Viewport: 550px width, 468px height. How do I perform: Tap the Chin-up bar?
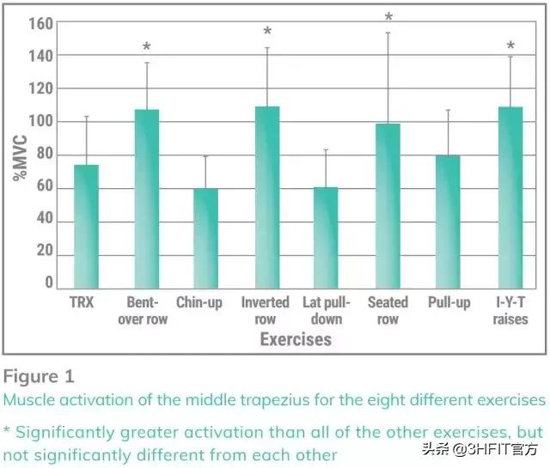coord(205,239)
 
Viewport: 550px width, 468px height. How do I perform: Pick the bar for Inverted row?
coord(267,198)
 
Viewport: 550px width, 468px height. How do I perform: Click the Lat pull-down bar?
coord(326,238)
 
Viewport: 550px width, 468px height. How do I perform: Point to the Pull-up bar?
coord(448,222)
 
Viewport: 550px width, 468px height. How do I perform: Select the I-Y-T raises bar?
coord(510,198)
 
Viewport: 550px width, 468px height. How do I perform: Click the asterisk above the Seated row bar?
coord(388,17)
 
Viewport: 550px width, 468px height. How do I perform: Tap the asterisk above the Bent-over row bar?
coord(147,47)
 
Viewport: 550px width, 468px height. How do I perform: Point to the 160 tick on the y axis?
coord(40,23)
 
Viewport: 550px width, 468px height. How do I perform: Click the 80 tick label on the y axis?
coord(44,155)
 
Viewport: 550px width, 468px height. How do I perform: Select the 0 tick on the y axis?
coord(48,282)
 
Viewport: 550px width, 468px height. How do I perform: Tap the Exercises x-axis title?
coord(295,339)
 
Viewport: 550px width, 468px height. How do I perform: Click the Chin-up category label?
coord(199,303)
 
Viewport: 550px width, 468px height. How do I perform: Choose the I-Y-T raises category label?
coord(510,311)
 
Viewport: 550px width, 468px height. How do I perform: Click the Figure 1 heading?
coord(38,376)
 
